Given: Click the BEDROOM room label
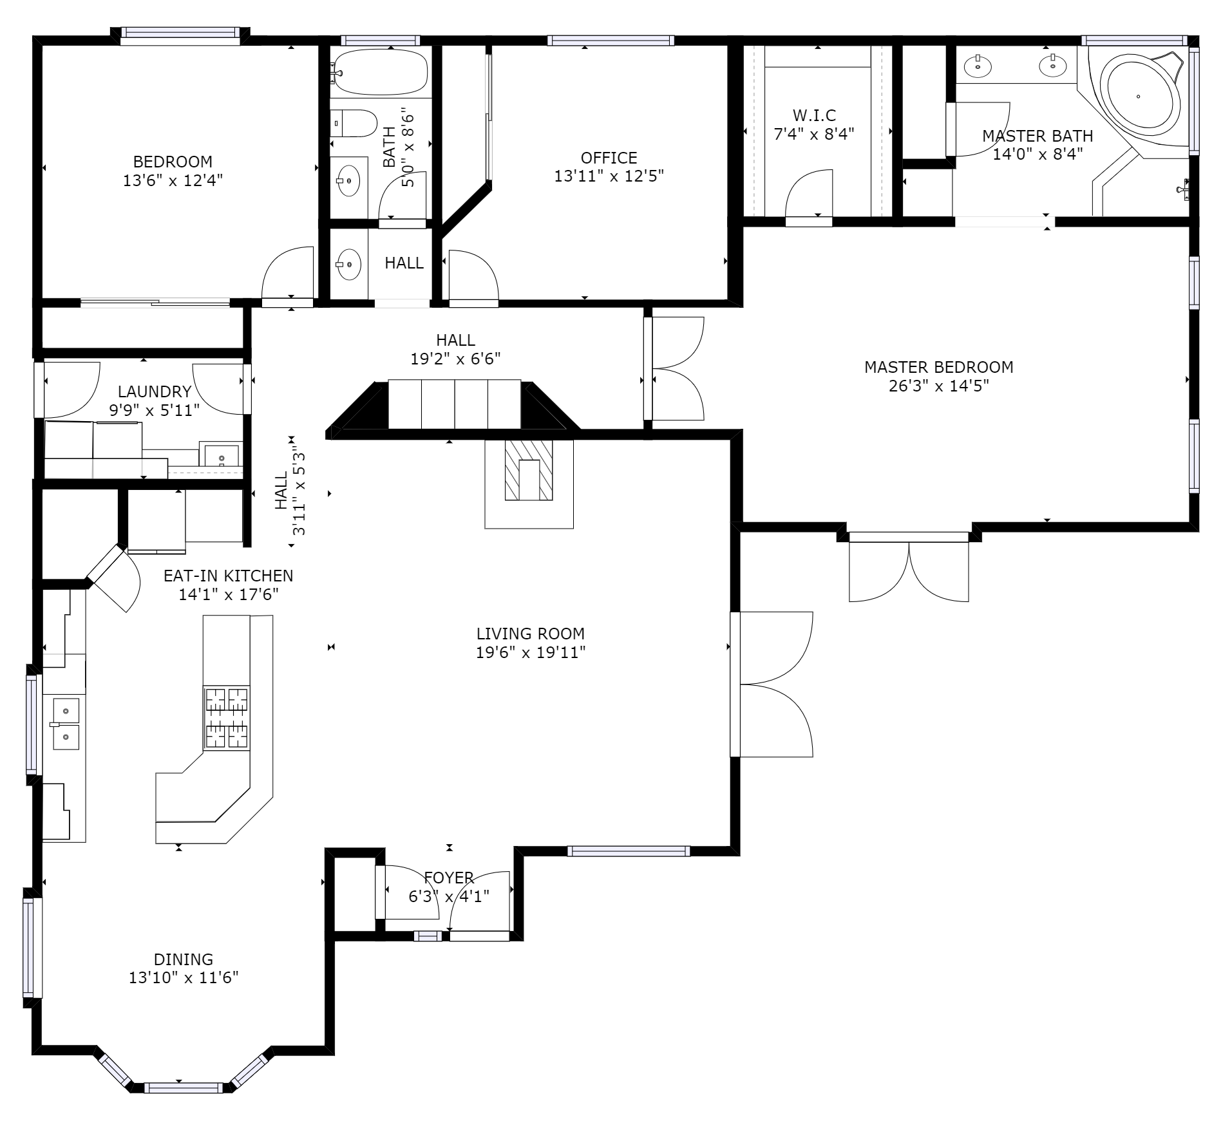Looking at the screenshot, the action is (173, 162).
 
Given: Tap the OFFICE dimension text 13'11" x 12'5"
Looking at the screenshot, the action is (609, 176).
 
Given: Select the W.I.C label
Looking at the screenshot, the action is (814, 115).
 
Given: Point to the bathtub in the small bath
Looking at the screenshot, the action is (380, 72).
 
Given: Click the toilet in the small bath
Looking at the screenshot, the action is (354, 123).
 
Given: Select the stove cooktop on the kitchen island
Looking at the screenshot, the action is (227, 718).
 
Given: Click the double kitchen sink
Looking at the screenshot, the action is (66, 722).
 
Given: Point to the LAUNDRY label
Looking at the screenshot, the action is (155, 391).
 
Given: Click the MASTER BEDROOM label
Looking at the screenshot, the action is (938, 367).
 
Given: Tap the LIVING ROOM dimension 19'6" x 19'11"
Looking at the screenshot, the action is (531, 653).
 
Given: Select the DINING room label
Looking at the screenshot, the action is (184, 959).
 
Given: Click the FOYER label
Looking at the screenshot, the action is (449, 878).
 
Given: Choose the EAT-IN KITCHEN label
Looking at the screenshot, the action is (228, 576).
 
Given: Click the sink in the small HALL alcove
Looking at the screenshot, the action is (349, 264).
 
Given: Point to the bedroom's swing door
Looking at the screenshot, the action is (287, 273).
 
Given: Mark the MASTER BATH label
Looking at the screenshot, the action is (1038, 137).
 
